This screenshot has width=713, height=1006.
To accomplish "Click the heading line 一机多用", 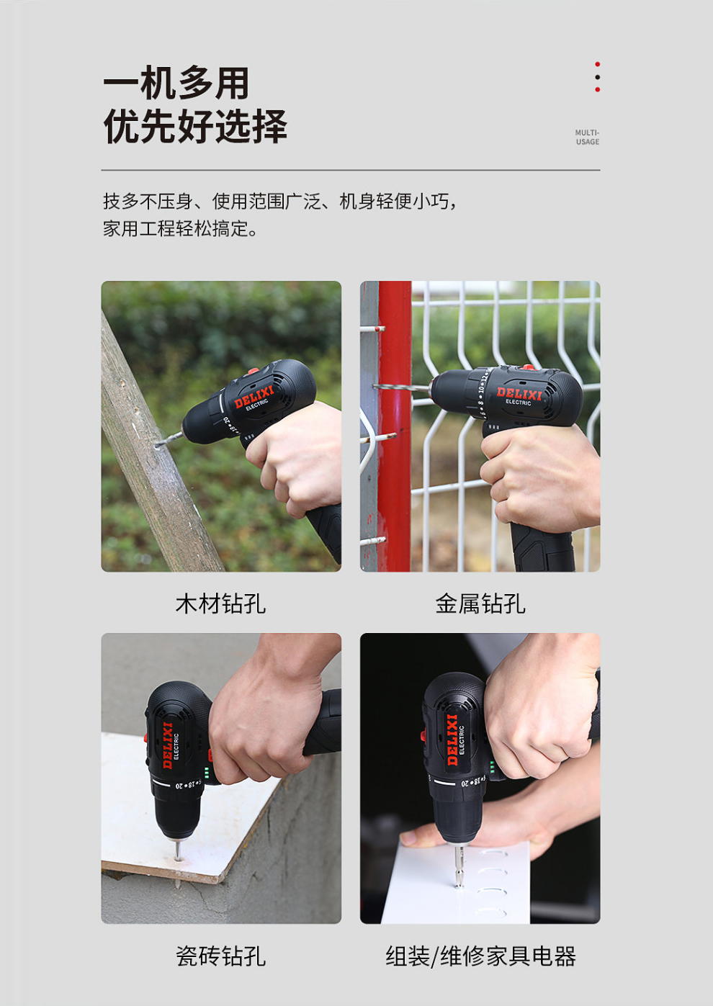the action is [176, 83].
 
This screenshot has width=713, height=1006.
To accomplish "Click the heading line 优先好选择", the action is [195, 126].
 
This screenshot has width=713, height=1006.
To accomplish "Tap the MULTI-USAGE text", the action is [587, 137].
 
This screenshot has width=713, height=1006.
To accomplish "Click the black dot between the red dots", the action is [597, 77].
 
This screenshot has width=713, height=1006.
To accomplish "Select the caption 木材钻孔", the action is [220, 603].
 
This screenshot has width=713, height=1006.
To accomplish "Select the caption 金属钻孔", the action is [480, 603].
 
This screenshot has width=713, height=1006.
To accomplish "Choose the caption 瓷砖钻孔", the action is [220, 956].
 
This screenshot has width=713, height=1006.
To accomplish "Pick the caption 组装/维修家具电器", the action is [480, 956].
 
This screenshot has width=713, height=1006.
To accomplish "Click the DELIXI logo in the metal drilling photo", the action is [519, 394].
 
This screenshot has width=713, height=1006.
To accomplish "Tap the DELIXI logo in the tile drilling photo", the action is [168, 745].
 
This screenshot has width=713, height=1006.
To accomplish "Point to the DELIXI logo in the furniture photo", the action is [452, 740].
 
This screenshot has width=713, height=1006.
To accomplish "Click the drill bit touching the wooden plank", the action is [170, 439].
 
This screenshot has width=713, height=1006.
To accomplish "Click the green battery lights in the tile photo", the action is [207, 773].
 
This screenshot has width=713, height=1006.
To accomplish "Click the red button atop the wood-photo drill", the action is [254, 372].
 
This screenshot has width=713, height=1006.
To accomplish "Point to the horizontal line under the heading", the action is [351, 170].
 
